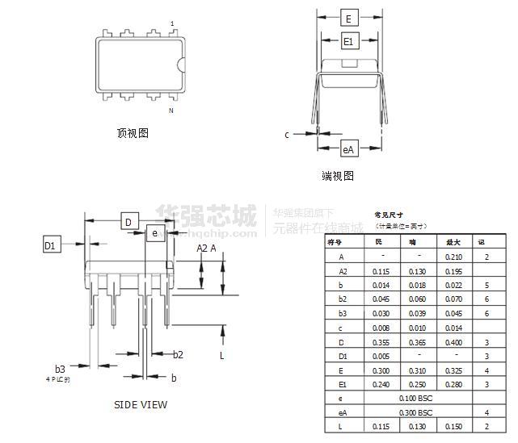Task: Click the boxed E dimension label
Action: (x=347, y=19)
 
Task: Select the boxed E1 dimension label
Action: (x=348, y=41)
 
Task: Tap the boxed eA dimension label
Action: (x=348, y=149)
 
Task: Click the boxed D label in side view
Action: (x=128, y=223)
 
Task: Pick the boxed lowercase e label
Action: (x=154, y=233)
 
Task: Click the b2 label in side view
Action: (x=178, y=354)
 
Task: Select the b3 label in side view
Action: (x=59, y=369)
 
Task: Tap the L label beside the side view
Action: (x=221, y=354)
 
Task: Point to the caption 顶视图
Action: (x=133, y=133)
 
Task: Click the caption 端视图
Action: (x=338, y=176)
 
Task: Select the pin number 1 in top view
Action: (x=172, y=24)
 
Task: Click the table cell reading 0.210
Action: (x=451, y=257)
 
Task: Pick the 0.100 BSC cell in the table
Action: (x=415, y=399)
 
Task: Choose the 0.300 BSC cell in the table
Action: (x=415, y=412)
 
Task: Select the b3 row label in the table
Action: (x=342, y=313)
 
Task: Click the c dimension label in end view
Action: (x=286, y=135)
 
